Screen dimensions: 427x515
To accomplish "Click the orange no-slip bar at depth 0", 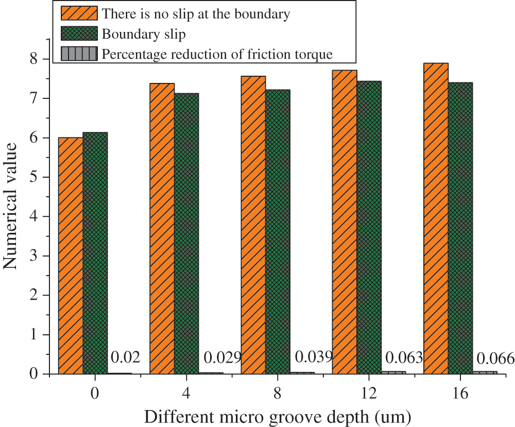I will pyautogui.click(x=71, y=255).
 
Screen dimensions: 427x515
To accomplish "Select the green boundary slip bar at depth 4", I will pyautogui.click(x=186, y=233).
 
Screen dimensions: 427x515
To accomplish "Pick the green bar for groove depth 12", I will pyautogui.click(x=369, y=227).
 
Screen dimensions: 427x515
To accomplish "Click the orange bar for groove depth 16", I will pyautogui.click(x=436, y=218).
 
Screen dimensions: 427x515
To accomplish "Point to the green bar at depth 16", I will pyautogui.click(x=460, y=228).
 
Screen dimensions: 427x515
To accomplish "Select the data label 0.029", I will pyautogui.click(x=222, y=357).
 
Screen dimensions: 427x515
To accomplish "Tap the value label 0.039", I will pyautogui.click(x=314, y=356).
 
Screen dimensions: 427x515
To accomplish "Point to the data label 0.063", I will pyautogui.click(x=404, y=357).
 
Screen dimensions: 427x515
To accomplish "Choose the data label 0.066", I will pyautogui.click(x=495, y=358).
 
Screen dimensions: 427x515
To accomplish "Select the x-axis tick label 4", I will pyautogui.click(x=185, y=393).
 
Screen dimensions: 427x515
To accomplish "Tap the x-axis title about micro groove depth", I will pyautogui.click(x=278, y=415).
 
